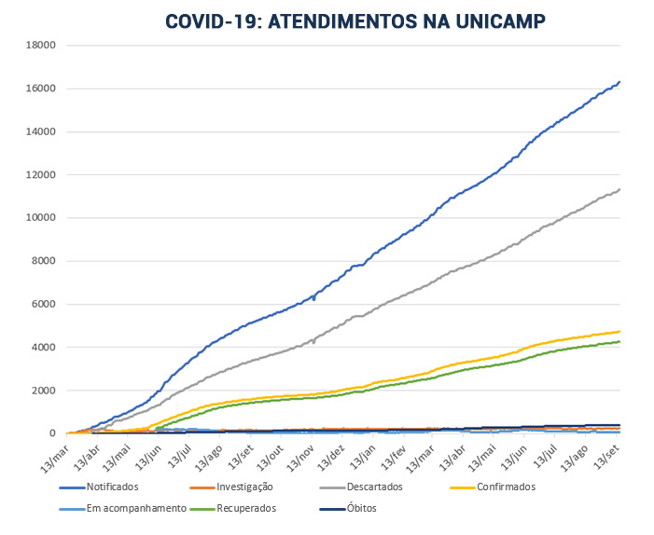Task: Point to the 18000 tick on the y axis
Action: (x=41, y=45)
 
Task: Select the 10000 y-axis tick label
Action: (x=41, y=218)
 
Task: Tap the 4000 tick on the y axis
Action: (x=44, y=348)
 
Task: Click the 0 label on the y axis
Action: (x=53, y=433)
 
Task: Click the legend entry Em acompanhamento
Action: (x=130, y=508)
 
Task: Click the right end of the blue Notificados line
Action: (x=620, y=82)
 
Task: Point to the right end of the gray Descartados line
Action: (x=620, y=189)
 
